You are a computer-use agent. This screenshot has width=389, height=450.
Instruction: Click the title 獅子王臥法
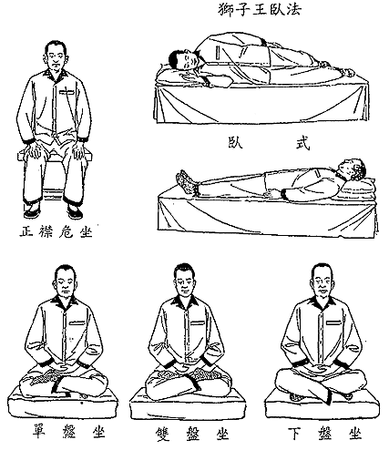[260, 9]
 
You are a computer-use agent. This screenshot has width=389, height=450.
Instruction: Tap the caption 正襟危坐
[56, 232]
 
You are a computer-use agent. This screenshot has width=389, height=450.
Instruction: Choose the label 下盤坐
[324, 434]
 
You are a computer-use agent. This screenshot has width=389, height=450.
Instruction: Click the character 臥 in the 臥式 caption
[236, 142]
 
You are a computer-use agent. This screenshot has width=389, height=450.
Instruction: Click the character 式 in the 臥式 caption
[302, 143]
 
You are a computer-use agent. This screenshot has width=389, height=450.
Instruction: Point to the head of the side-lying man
[184, 60]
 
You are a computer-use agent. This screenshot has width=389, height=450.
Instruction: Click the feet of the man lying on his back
[186, 180]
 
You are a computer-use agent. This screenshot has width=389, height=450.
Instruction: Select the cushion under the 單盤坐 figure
[63, 403]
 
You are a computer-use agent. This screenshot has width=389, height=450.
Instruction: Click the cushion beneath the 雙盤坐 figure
[187, 404]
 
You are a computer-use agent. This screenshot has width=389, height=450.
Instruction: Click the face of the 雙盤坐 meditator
[185, 283]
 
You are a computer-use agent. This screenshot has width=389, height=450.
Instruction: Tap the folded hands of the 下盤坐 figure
[320, 368]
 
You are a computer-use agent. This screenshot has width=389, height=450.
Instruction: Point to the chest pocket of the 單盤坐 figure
[77, 322]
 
